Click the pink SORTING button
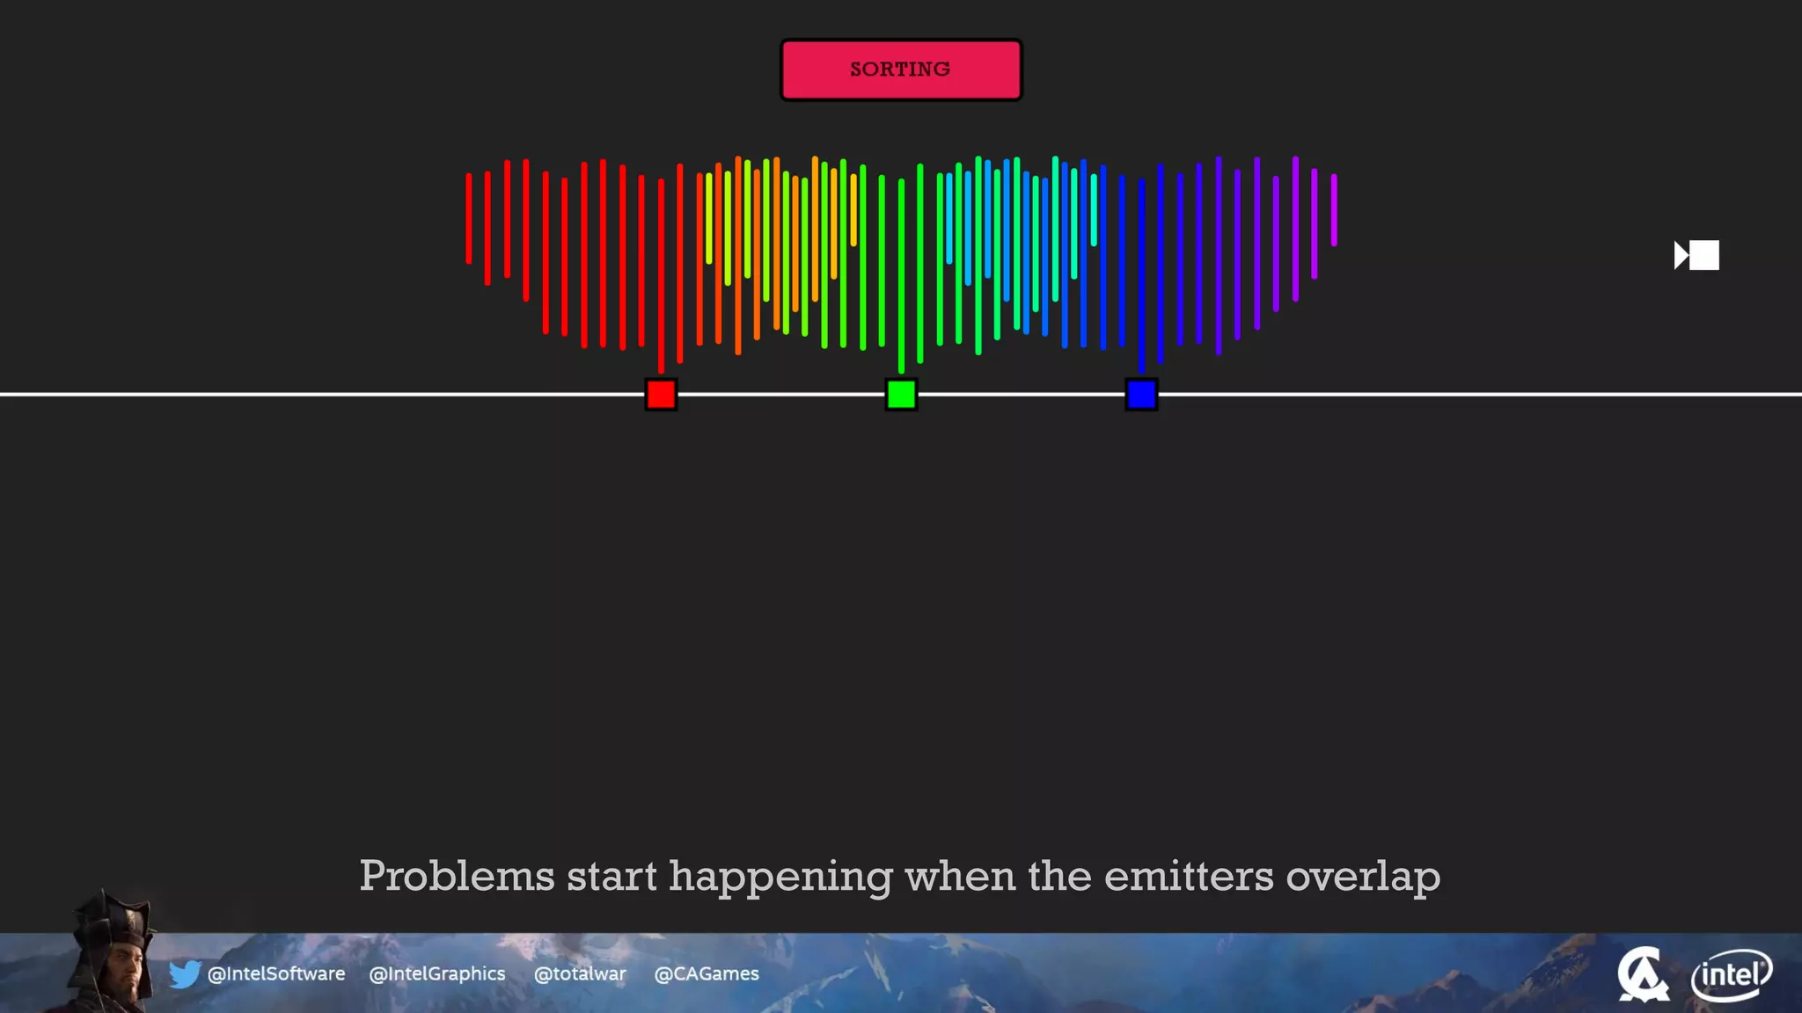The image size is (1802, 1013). (x=901, y=69)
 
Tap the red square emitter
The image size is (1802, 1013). (x=661, y=395)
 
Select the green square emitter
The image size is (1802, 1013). (x=901, y=395)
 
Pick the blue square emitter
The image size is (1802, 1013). (x=1141, y=395)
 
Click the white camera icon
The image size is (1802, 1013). (x=1696, y=255)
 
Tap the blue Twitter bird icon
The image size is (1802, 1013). (x=185, y=973)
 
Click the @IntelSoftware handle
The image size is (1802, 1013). (x=276, y=973)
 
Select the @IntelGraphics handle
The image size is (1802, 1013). (x=437, y=973)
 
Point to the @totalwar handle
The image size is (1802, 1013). (x=580, y=973)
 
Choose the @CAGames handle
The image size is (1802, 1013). (x=707, y=973)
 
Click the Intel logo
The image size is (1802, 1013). (x=1732, y=974)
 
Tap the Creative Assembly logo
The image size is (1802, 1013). (x=1643, y=974)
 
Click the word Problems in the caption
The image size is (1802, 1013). (x=457, y=876)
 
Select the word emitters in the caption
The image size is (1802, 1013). (x=1189, y=876)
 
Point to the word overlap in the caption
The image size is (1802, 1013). (x=1363, y=876)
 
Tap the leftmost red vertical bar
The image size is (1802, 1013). (x=468, y=218)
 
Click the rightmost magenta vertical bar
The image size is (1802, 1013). (x=1334, y=209)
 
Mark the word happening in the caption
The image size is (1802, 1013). (x=780, y=876)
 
